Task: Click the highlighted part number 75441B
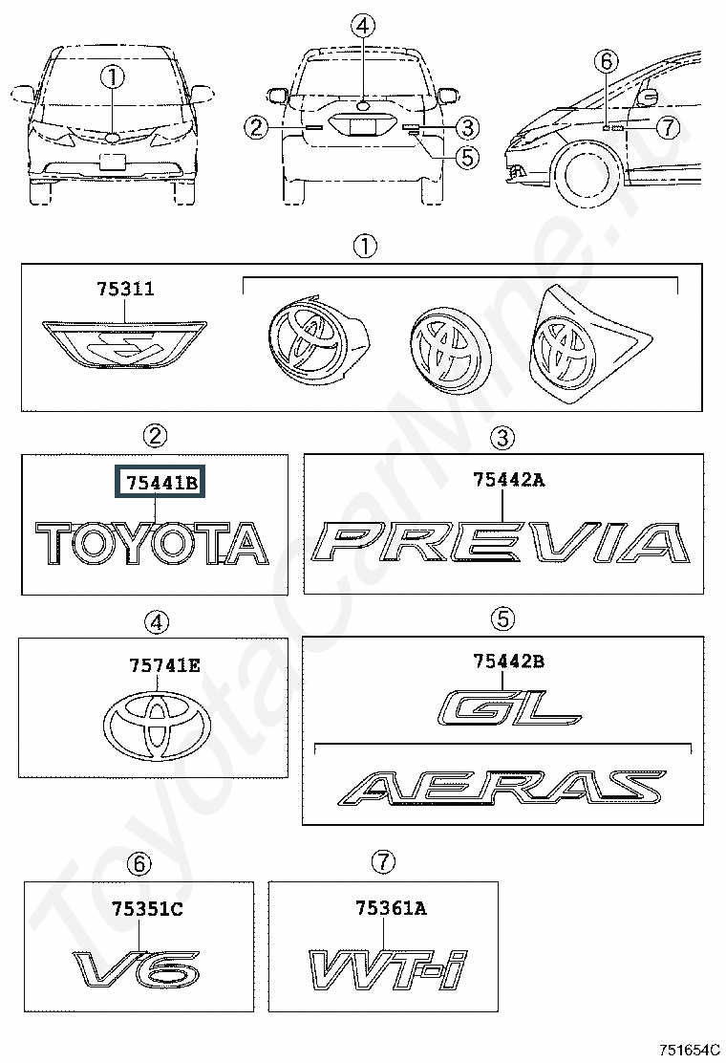pos(160,483)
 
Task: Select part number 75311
pos(125,289)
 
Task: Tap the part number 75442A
pos(508,480)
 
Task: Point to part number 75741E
pos(164,665)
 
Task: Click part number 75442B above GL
pos(508,661)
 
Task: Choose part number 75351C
pos(147,908)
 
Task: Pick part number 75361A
pos(391,908)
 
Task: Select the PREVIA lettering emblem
pos(502,542)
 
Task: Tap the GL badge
pos(509,707)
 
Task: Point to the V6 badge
pos(136,970)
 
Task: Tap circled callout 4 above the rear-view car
pos(363,27)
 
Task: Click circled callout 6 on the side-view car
pos(607,62)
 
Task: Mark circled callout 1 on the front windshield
pos(113,76)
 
